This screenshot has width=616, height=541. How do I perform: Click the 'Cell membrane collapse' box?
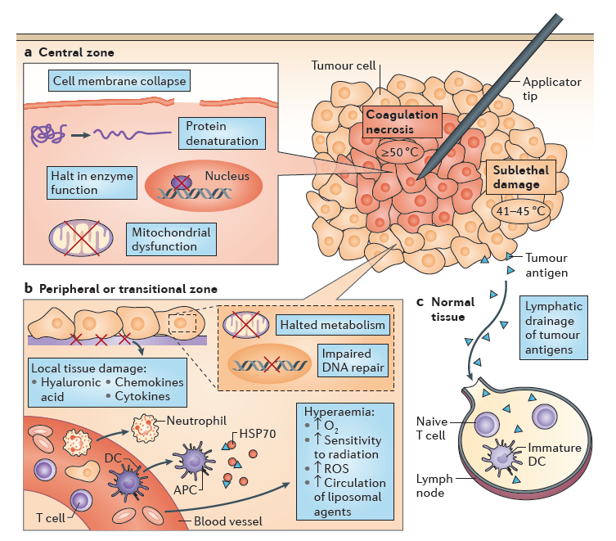pyautogui.click(x=119, y=81)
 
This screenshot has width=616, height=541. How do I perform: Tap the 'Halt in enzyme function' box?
pyautogui.click(x=90, y=183)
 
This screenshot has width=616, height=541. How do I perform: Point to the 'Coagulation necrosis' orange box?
pyautogui.click(x=401, y=122)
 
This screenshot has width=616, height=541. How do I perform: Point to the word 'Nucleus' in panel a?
pyautogui.click(x=227, y=176)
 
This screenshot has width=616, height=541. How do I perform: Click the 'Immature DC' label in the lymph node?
pyautogui.click(x=554, y=456)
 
